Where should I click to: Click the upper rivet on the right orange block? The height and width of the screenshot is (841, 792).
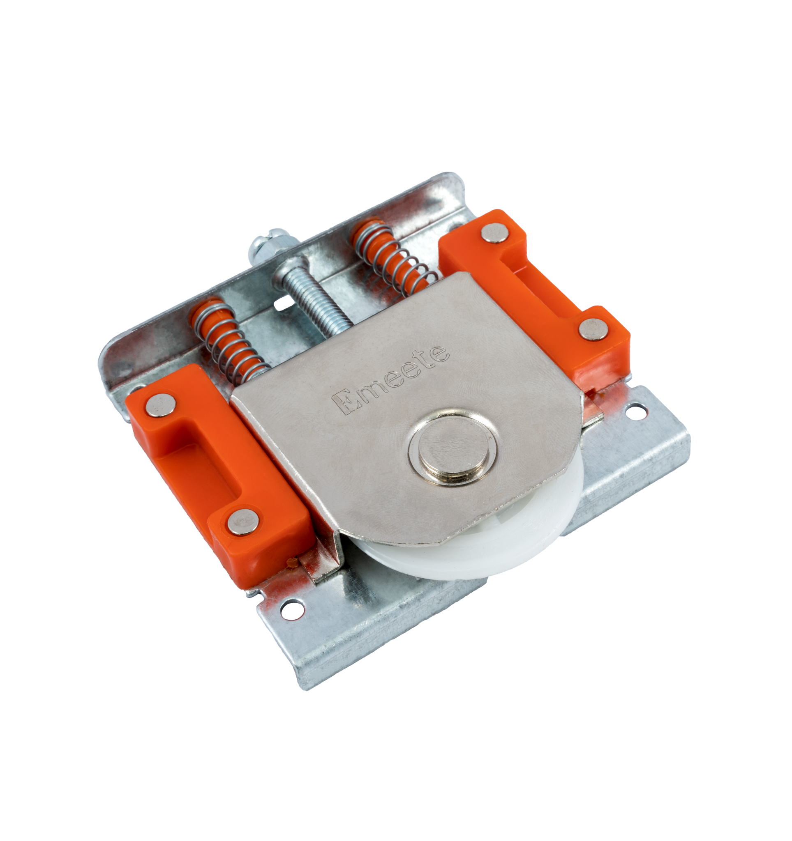coord(496,233)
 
